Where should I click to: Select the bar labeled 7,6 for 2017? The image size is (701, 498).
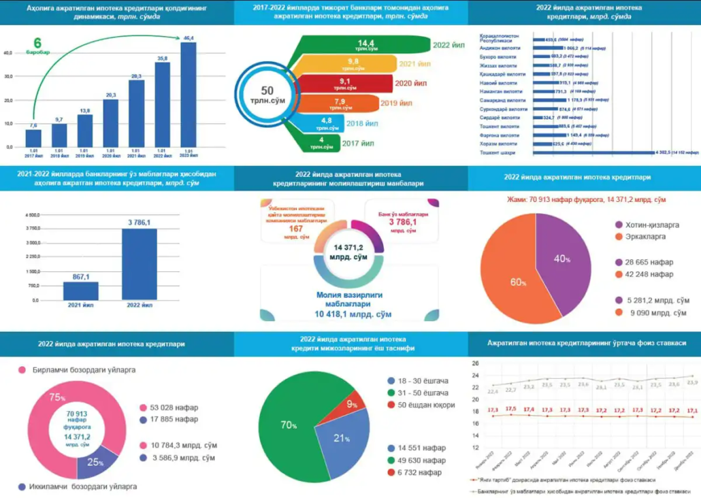tap(33, 137)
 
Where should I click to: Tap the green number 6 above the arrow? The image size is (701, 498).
tap(37, 42)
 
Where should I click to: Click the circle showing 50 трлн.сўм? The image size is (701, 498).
tap(267, 95)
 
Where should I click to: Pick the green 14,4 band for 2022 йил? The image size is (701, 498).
tap(381, 46)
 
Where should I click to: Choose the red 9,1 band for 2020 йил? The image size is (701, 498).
tap(354, 84)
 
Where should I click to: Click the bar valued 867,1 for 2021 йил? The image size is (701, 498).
tap(81, 291)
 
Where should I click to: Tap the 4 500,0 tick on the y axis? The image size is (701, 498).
tap(32, 215)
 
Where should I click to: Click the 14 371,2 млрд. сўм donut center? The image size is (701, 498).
tap(350, 252)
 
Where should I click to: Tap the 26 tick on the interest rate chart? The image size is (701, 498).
tap(476, 363)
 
